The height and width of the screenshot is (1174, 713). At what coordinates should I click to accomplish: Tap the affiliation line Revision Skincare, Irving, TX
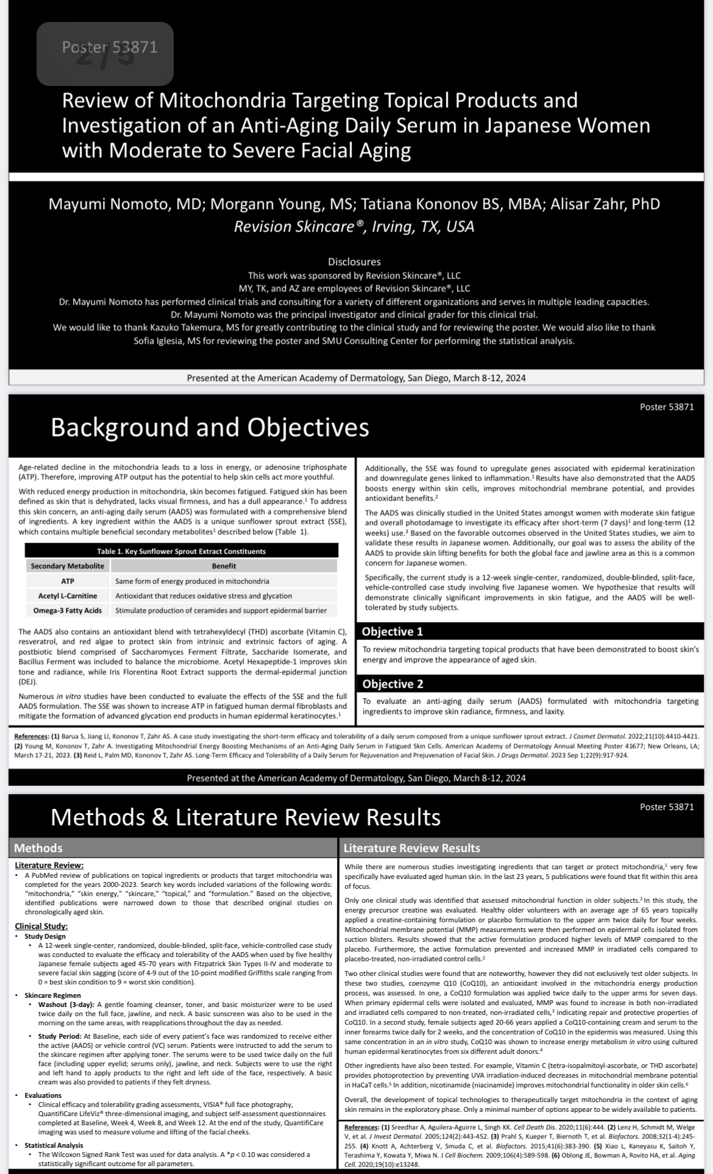point(354,227)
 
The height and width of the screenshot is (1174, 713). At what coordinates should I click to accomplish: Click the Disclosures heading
point(354,261)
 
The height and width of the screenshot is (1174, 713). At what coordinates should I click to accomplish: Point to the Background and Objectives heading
point(210,427)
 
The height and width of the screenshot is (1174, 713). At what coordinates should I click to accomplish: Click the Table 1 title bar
point(181,551)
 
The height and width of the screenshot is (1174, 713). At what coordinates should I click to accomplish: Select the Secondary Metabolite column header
point(67,566)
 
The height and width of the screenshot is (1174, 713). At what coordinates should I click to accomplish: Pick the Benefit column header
point(224,566)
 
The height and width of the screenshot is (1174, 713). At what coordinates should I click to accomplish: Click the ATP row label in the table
point(67,581)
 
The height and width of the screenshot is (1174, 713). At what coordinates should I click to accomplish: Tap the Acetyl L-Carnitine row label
point(67,596)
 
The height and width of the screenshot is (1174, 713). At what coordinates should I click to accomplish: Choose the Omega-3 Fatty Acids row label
point(67,610)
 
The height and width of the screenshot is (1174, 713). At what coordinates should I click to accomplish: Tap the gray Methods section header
point(38,848)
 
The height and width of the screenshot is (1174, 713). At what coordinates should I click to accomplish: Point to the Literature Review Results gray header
point(412,848)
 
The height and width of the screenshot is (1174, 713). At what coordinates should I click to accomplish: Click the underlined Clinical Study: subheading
point(41,926)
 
